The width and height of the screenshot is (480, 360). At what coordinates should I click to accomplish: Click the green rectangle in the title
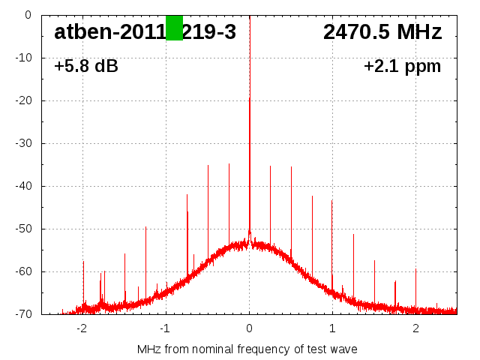(174, 28)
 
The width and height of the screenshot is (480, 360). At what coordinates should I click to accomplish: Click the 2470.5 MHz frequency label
(382, 32)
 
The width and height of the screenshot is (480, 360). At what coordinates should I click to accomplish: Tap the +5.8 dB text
(86, 67)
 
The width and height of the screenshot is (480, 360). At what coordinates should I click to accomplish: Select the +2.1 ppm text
(402, 67)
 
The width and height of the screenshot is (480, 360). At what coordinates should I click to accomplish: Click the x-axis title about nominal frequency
(247, 349)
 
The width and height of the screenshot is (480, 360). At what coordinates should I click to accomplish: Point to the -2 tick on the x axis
(82, 328)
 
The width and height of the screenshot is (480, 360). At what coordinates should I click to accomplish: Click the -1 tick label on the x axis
(165, 328)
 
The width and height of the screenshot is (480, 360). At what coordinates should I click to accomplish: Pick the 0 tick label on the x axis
(250, 328)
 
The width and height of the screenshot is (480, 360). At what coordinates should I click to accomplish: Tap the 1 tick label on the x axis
(332, 328)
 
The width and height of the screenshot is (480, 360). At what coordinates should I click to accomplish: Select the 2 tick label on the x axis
(415, 328)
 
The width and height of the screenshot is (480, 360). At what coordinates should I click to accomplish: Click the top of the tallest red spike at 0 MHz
(250, 98)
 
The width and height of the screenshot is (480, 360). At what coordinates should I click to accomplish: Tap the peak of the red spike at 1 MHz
(332, 201)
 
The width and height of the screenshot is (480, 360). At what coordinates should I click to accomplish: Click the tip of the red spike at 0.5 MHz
(291, 167)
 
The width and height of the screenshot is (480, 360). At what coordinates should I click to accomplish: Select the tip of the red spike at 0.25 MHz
(271, 166)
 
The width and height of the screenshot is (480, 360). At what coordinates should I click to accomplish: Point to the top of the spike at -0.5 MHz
(208, 166)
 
